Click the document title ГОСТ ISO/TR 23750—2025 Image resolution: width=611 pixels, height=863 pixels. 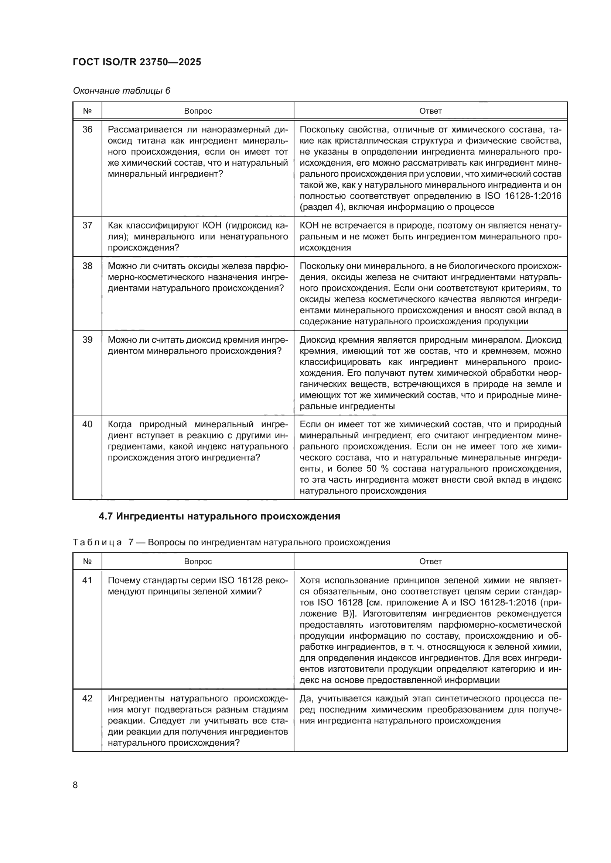137,62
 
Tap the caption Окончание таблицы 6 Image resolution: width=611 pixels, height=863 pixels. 122,91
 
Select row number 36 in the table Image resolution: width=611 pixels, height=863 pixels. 87,130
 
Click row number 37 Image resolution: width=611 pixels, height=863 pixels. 87,225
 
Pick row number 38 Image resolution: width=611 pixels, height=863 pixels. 87,266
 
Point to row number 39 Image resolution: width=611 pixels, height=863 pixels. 87,340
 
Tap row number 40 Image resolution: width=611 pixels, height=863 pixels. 87,424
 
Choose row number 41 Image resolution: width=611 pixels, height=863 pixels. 87,580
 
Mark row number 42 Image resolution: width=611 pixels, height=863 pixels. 87,698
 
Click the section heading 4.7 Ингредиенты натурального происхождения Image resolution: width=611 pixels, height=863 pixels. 219,517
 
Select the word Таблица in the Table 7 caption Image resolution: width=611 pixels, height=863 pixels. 97,542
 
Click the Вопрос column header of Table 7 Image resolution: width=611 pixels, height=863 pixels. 198,561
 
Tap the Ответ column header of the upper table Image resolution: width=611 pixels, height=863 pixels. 430,111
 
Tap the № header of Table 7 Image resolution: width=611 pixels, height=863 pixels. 87,561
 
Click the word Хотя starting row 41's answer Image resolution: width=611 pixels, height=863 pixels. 310,580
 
